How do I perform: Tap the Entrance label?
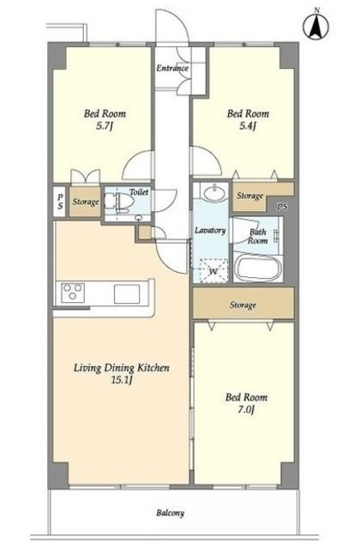click(172, 68)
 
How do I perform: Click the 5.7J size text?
click(105, 126)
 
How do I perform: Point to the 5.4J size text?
click(248, 126)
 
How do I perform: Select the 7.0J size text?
click(246, 409)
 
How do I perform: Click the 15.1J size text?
click(122, 380)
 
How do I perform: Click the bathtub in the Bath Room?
click(258, 268)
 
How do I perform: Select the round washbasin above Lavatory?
click(211, 192)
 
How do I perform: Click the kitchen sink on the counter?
click(127, 293)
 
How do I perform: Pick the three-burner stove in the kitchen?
click(73, 292)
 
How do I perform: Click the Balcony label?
click(171, 513)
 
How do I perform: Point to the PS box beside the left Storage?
click(60, 202)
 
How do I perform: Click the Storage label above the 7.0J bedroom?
click(243, 305)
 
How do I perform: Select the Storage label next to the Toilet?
click(86, 202)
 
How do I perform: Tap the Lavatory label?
click(210, 231)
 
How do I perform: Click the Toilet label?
click(139, 192)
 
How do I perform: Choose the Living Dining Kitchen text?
click(122, 368)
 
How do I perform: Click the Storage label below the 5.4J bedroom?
click(249, 196)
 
